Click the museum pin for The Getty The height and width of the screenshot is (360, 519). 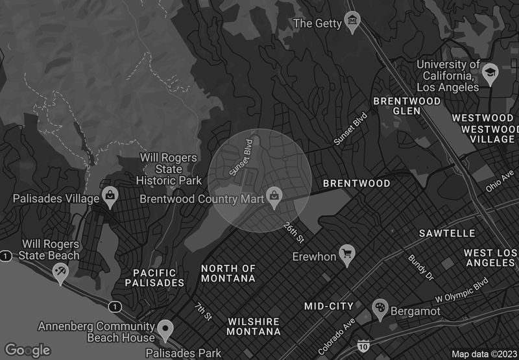pos(352,21)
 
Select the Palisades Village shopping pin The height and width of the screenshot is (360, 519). pos(111,196)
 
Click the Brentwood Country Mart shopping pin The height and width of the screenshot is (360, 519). pos(275,197)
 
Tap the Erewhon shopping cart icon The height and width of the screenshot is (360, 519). pos(348,254)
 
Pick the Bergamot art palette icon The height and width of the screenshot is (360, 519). pos(379,309)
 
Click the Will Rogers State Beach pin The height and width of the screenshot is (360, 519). pos(60,271)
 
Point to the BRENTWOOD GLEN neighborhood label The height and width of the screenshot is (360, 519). pos(407,106)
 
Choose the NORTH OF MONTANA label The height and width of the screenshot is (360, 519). pos(228,273)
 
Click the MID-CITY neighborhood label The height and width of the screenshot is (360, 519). pos(329,306)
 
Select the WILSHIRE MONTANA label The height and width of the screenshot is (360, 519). pos(254,326)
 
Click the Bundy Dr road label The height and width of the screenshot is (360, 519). pos(420,267)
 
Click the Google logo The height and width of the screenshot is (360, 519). pos(27,350)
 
